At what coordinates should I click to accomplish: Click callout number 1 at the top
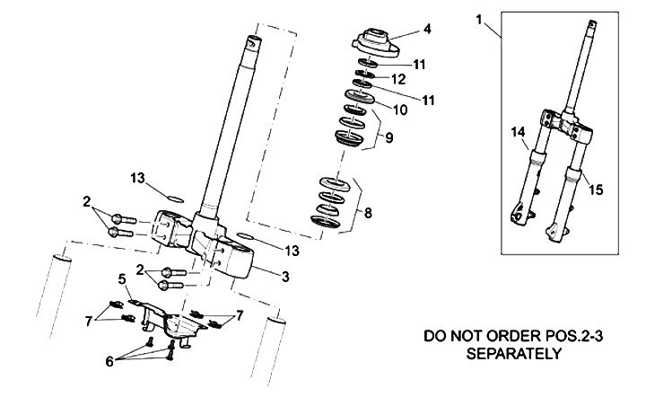pos(480,18)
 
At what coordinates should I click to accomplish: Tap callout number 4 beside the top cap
pos(428,29)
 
